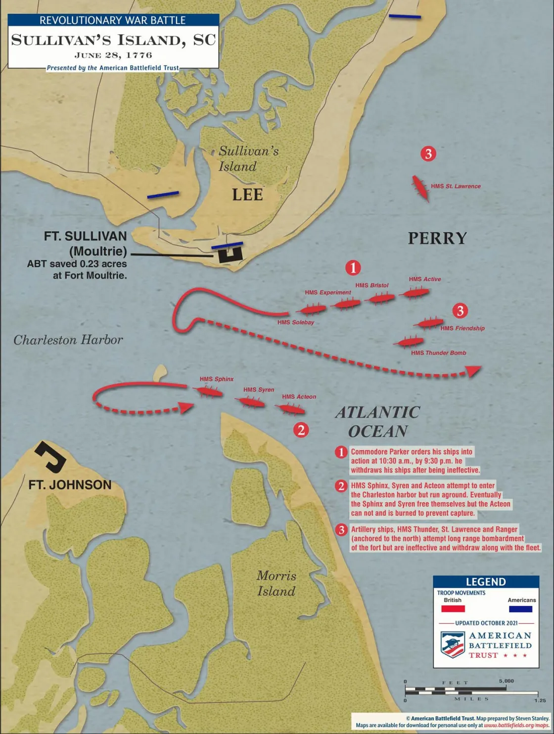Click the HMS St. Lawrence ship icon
pos(421,188)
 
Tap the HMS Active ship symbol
pos(415,293)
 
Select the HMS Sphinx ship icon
pos(210,392)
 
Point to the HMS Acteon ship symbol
pos(290,409)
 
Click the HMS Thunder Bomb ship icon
pos(409,342)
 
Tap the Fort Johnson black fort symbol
pos(51,456)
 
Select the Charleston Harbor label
pos(68,340)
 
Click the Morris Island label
pos(276,583)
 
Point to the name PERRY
pos(437,238)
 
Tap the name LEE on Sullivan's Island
pos(247,195)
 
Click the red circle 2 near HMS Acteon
pos(301,429)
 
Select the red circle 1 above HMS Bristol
pos(353,268)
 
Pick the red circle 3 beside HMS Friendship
pos(460,311)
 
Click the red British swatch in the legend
pos(453,609)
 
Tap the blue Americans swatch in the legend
pos(520,609)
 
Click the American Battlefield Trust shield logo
pos(452,644)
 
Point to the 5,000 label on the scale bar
pos(506,681)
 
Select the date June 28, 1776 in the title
pos(113,55)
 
